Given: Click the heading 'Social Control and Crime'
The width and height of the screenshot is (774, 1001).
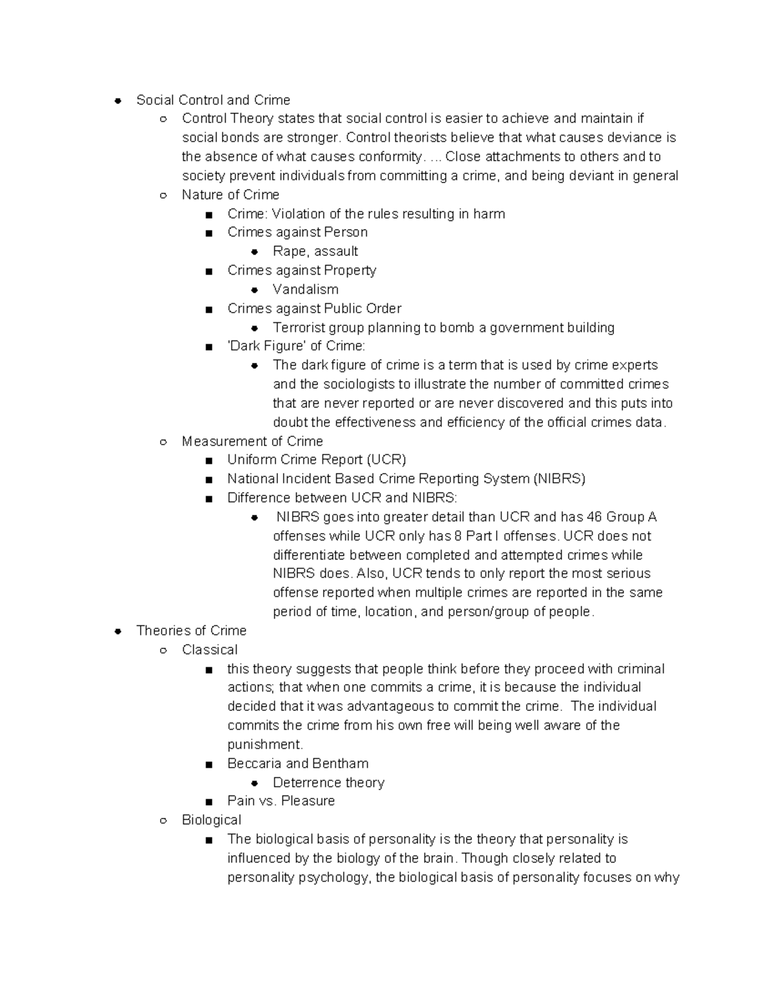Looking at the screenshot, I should tap(213, 100).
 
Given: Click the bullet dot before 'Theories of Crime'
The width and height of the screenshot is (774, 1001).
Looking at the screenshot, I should tap(118, 631).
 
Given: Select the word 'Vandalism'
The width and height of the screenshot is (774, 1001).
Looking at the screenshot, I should tap(305, 289).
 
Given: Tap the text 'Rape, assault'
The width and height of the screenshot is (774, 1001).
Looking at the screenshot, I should tap(315, 251).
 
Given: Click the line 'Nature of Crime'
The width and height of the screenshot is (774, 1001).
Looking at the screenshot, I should tap(230, 195).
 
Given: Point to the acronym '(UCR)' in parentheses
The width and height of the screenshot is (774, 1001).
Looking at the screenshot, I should tap(386, 460).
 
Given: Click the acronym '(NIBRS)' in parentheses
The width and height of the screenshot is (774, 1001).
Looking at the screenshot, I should tap(559, 479).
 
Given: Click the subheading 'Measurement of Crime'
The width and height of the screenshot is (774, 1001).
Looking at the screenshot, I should tap(252, 442).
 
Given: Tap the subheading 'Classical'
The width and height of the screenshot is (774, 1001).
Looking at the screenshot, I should tap(210, 650).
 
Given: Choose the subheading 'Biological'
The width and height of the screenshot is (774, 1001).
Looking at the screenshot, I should tap(212, 820).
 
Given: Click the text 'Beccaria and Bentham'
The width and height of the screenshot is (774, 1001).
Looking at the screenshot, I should tap(297, 764).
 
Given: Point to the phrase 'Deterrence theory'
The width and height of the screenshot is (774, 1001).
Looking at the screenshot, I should tap(328, 782).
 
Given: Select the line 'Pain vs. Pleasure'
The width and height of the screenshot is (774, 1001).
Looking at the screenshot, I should tap(281, 801).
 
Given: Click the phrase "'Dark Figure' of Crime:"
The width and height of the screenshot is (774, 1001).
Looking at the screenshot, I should tap(296, 346).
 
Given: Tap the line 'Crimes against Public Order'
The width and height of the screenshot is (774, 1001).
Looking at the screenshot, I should tap(314, 309).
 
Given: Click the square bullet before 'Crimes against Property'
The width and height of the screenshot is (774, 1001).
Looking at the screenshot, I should tap(208, 271).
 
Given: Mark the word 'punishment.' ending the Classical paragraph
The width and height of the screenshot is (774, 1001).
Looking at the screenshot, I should tap(265, 744).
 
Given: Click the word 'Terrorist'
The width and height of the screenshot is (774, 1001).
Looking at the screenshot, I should tap(299, 327).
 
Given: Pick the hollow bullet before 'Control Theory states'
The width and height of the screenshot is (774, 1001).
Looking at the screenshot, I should tap(164, 119).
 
